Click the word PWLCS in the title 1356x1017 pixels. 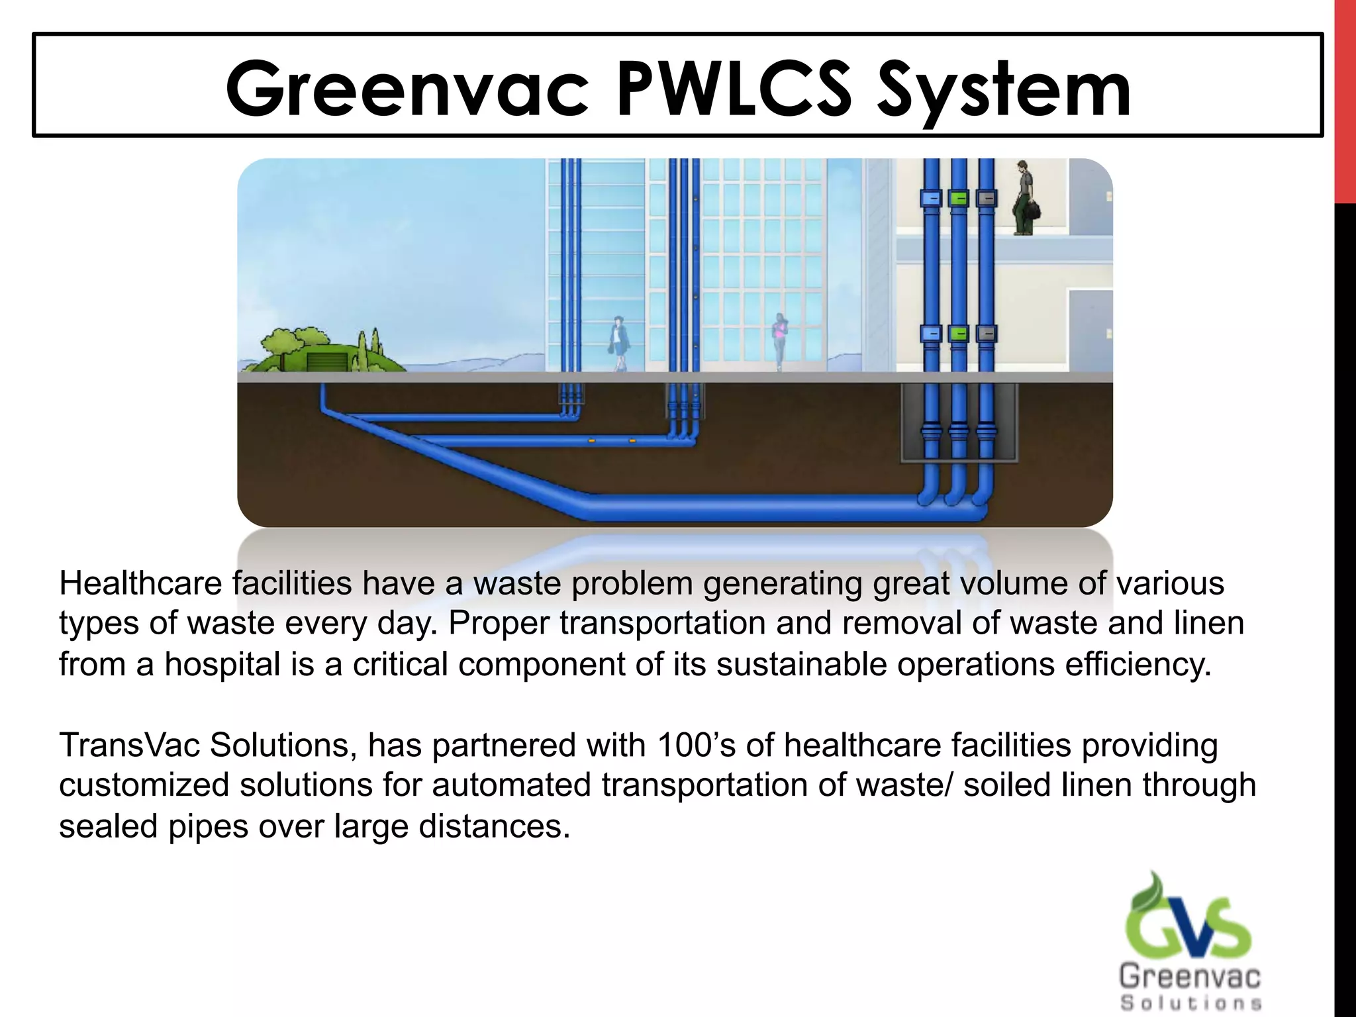coord(734,89)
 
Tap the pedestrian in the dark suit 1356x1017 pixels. coord(620,342)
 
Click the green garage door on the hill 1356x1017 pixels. coord(326,362)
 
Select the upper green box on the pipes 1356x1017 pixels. coord(959,198)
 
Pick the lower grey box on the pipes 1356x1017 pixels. coord(986,334)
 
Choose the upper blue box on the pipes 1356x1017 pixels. coord(931,198)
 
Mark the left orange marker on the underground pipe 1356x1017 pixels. coord(592,440)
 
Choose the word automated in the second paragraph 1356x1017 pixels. coord(511,785)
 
